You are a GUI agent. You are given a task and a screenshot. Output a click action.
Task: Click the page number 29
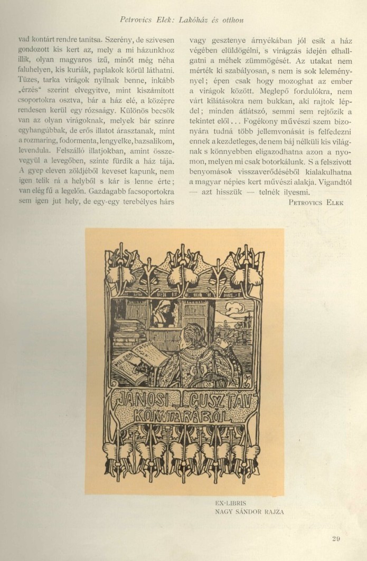pyautogui.click(x=336, y=538)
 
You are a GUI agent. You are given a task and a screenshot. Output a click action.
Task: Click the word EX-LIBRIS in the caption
pyautogui.click(x=231, y=504)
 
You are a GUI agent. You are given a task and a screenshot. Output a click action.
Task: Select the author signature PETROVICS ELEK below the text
pyautogui.click(x=316, y=201)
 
